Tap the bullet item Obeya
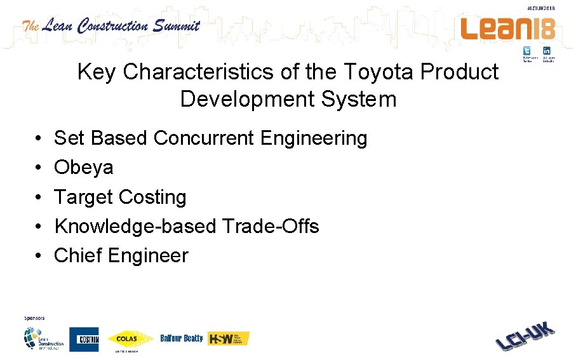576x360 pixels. click(x=84, y=168)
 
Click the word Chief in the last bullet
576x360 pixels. click(x=78, y=256)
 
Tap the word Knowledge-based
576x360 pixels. click(x=136, y=227)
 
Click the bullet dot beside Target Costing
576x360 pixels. click(x=39, y=197)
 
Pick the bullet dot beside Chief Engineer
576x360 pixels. click(x=39, y=256)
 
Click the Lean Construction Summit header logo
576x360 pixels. click(x=111, y=27)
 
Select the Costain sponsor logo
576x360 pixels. click(x=84, y=340)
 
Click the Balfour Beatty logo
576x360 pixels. click(x=182, y=338)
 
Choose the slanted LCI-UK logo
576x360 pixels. click(x=525, y=336)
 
